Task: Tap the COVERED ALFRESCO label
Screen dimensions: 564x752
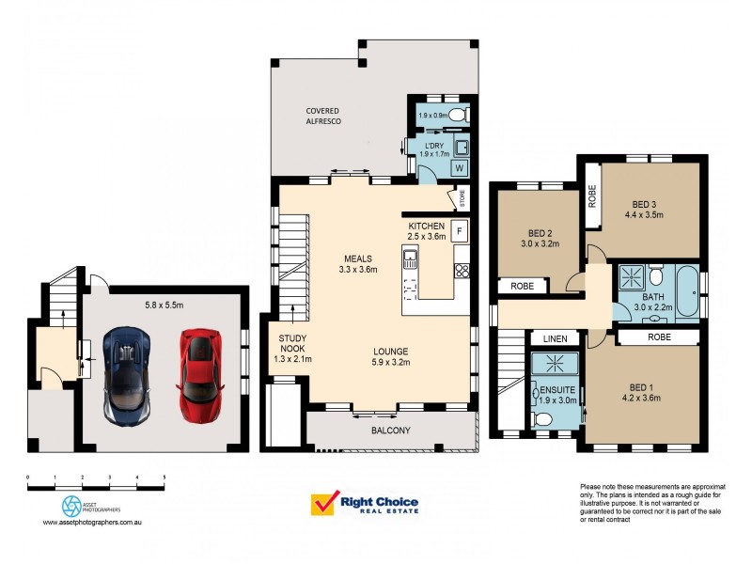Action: point(322,117)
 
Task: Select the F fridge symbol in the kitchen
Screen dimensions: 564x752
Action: point(460,230)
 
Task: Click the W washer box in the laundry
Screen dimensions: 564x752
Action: point(460,167)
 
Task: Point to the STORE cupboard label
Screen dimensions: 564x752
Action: point(462,198)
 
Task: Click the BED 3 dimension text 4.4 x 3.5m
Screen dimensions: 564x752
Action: point(644,214)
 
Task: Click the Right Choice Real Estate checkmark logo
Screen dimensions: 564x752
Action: point(324,505)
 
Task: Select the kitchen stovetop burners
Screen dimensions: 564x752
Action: point(462,272)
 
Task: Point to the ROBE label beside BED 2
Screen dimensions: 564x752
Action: point(524,286)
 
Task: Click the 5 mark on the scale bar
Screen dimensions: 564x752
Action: point(164,478)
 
